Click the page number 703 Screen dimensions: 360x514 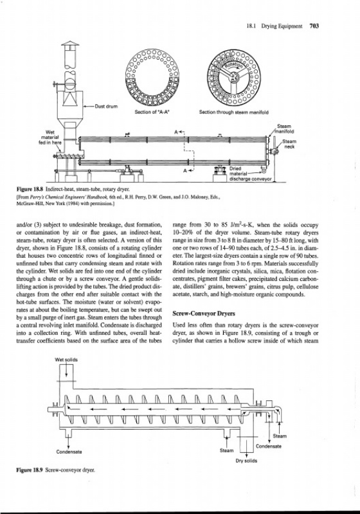click(314, 26)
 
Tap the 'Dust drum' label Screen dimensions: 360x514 click(106, 106)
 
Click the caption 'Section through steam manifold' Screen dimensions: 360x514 click(234, 112)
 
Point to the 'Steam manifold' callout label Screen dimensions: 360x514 click(284, 128)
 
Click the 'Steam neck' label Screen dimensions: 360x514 click(289, 144)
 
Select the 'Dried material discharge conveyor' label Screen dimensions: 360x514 click(251, 173)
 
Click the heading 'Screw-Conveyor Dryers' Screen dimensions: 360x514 click(204, 314)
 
